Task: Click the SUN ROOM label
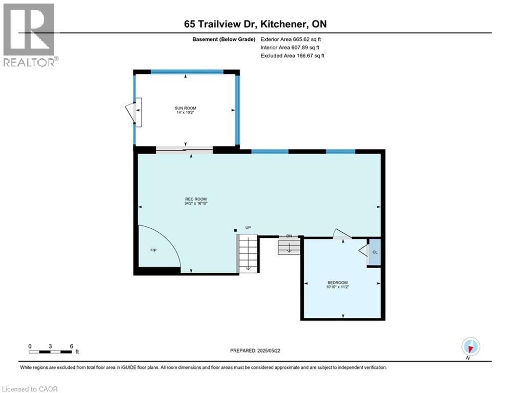coord(185,108)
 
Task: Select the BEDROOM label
coord(338,283)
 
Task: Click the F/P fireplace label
coord(153,251)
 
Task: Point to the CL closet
coord(375,252)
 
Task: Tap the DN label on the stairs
coord(289,236)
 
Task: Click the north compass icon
coord(470,347)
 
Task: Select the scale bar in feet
coord(51,351)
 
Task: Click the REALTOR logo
coord(30,34)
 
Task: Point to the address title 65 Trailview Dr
coord(255,24)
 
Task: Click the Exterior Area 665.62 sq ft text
coord(291,39)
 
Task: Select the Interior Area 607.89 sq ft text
coord(291,47)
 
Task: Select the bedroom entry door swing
coord(341,234)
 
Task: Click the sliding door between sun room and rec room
coord(184,149)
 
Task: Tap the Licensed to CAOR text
coord(30,389)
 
